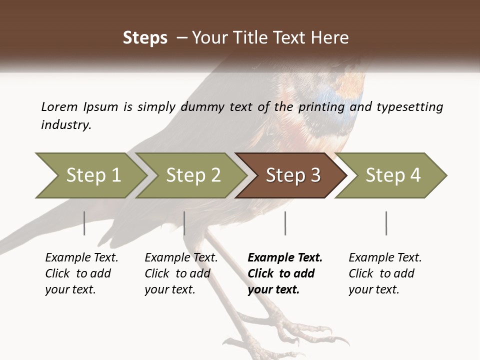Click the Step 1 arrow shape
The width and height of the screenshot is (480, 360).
click(x=90, y=175)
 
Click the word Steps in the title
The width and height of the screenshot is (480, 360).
click(x=145, y=38)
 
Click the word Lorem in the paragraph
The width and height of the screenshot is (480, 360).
click(x=59, y=107)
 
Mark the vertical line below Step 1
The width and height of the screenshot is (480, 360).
click(x=84, y=223)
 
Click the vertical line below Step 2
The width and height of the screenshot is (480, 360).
click(x=184, y=223)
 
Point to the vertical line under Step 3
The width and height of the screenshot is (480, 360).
click(x=285, y=223)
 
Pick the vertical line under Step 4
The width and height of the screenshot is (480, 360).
click(x=386, y=223)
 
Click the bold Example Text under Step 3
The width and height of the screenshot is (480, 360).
click(x=285, y=258)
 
